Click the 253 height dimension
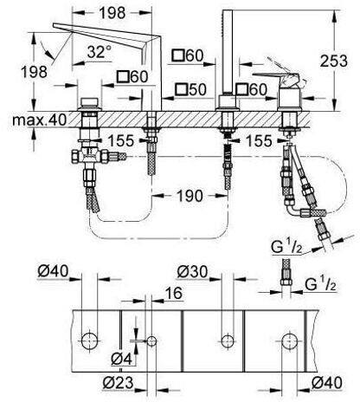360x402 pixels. pyautogui.click(x=334, y=61)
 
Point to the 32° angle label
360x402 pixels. pyautogui.click(x=100, y=52)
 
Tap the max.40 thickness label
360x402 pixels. pyautogui.click(x=39, y=120)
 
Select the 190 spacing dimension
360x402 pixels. pyautogui.click(x=190, y=196)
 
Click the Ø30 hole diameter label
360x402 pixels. pyautogui.click(x=192, y=272)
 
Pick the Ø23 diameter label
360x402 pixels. pyautogui.click(x=119, y=383)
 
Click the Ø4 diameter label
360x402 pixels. pyautogui.click(x=122, y=359)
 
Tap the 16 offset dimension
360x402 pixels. pyautogui.click(x=174, y=293)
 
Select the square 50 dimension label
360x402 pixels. pyautogui.click(x=191, y=89)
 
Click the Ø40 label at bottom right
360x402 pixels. pyautogui.click(x=327, y=383)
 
